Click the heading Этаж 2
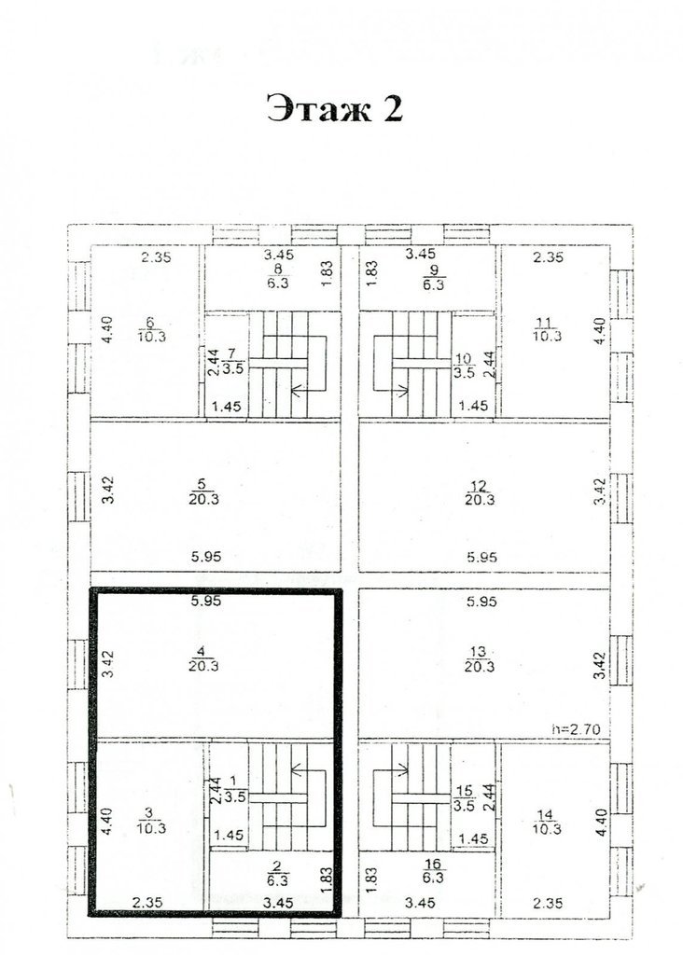[x=334, y=110]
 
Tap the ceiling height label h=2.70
[x=576, y=729]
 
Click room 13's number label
[x=479, y=652]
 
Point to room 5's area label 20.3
[x=203, y=500]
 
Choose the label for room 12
[x=479, y=492]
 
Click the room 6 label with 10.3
[x=152, y=329]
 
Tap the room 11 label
[x=547, y=329]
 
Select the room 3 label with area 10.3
[x=152, y=821]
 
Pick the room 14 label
[x=547, y=822]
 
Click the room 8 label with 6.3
[x=278, y=276]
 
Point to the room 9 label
[x=433, y=276]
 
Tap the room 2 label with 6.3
[x=278, y=873]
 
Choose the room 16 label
[x=433, y=870]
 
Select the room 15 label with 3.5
[x=465, y=798]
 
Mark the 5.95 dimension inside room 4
[x=206, y=602]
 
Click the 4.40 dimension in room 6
[x=107, y=330]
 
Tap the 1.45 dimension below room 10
[x=473, y=405]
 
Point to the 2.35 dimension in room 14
[x=547, y=903]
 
